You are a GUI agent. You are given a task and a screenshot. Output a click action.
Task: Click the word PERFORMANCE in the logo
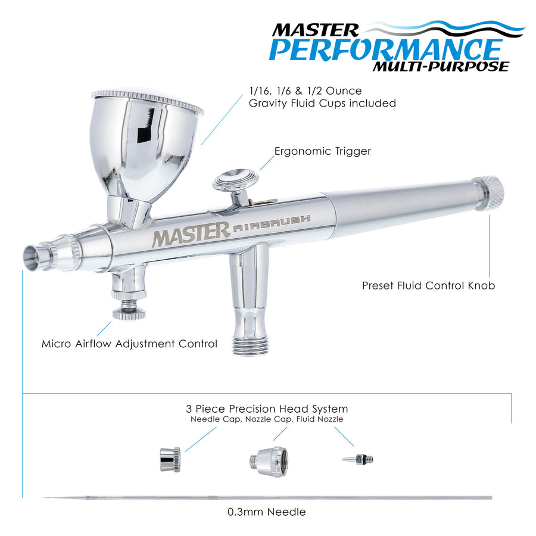(x=385, y=49)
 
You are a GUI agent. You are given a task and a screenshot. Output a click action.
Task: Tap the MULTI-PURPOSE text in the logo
(x=441, y=66)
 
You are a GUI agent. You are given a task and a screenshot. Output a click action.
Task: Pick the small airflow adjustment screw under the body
(x=129, y=311)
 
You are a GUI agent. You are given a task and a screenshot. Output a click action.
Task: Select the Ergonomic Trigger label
(x=322, y=151)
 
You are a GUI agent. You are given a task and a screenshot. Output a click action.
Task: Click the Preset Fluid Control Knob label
(x=428, y=285)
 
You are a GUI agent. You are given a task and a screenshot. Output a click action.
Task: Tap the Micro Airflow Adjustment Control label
(x=129, y=344)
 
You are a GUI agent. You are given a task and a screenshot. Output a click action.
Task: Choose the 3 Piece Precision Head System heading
(x=267, y=409)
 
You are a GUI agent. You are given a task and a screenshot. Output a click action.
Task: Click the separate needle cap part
(x=170, y=459)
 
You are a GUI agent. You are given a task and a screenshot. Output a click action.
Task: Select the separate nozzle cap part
(x=269, y=462)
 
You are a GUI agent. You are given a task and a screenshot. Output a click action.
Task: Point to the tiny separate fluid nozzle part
(x=358, y=459)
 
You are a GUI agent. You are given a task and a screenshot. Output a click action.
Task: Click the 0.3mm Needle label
(x=267, y=512)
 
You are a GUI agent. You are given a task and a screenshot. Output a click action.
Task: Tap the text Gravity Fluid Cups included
(x=322, y=103)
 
